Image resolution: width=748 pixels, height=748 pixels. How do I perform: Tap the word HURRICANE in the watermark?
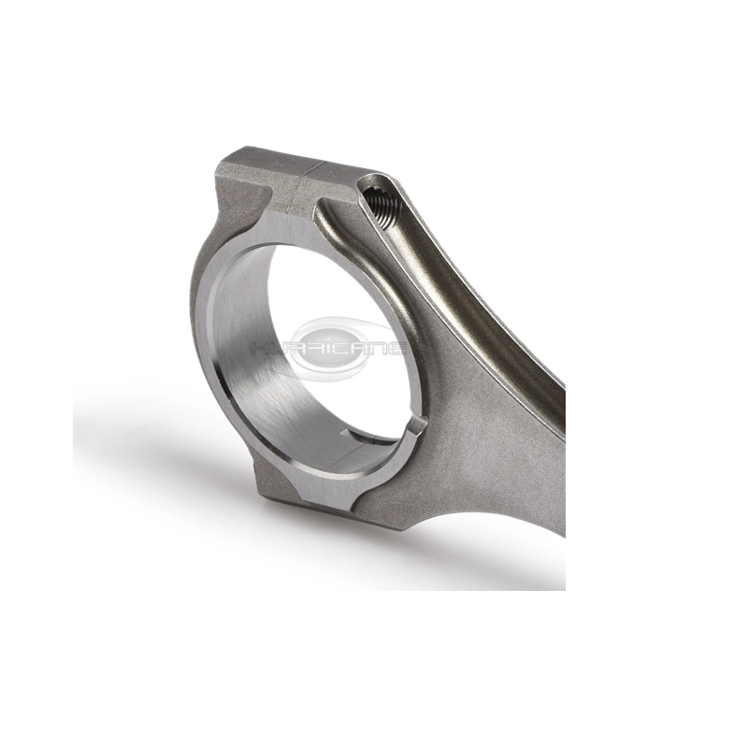tap(328, 348)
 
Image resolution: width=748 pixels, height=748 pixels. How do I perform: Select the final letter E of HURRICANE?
tap(396, 348)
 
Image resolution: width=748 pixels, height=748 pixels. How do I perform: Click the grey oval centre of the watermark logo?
tap(332, 348)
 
